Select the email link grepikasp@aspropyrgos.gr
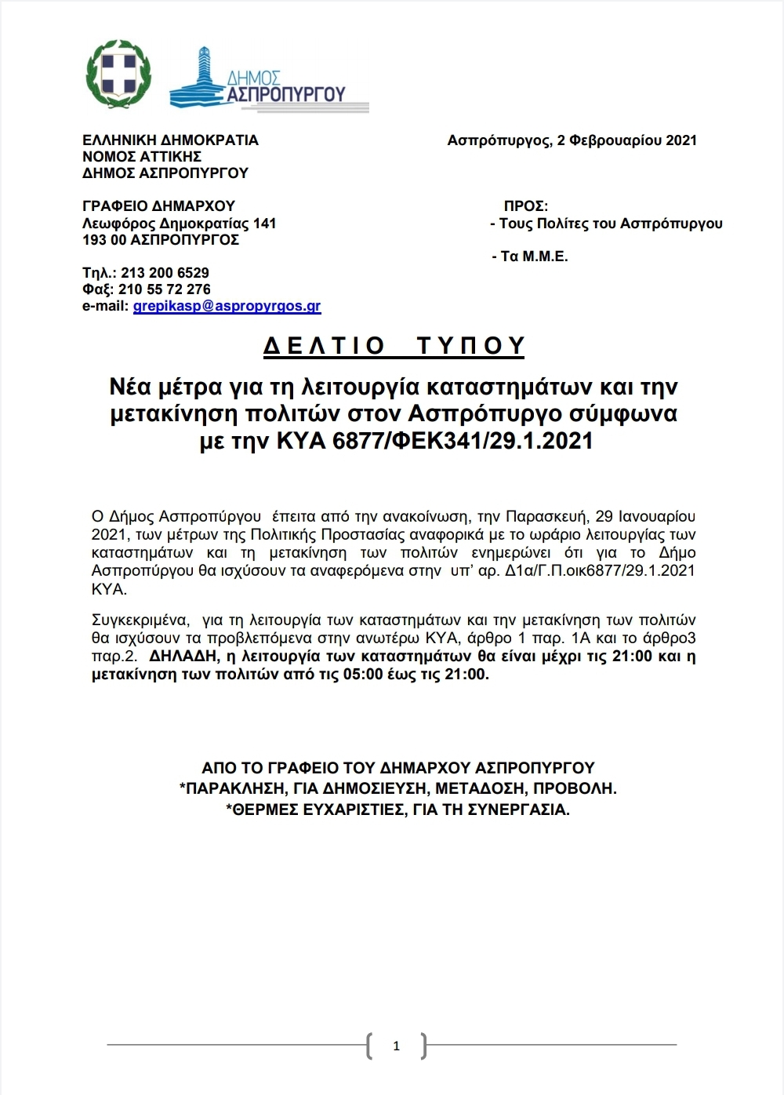227,307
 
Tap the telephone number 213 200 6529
165,273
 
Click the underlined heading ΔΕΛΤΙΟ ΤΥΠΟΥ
394,346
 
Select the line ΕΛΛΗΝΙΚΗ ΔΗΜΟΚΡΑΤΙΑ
170,140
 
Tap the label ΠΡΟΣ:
525,206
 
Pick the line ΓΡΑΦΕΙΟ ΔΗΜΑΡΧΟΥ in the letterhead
158,206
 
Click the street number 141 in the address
264,224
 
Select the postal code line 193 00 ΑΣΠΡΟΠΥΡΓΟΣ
160,240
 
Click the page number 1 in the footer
396,1046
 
